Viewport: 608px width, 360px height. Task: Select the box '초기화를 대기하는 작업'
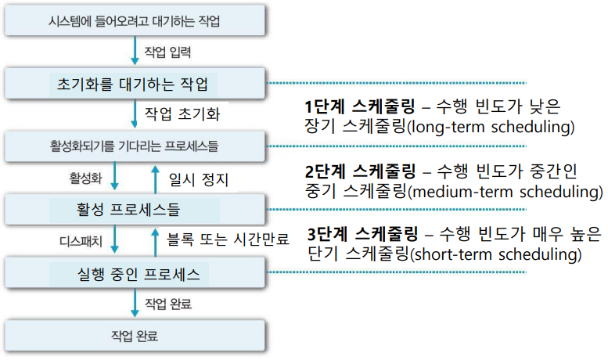135,83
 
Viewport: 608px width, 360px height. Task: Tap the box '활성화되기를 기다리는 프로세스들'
135,146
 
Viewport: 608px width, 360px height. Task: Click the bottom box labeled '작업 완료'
135,337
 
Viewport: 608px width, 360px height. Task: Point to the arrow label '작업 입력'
167,52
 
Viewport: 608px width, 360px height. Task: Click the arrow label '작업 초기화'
182,114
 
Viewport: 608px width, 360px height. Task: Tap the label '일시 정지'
199,179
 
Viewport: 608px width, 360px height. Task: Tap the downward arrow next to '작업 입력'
135,52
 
